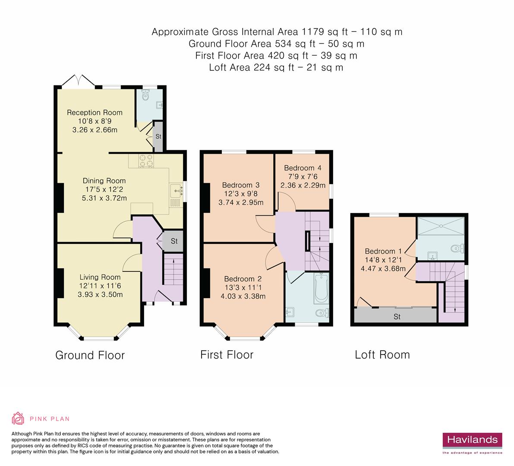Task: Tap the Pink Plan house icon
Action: click(18, 418)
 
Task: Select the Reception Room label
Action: click(95, 113)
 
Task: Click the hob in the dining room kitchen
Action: click(146, 161)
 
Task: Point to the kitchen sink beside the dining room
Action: click(177, 190)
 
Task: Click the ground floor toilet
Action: click(146, 95)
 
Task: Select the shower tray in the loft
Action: click(441, 226)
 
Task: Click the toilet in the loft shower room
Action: click(457, 249)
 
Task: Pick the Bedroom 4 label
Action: click(303, 168)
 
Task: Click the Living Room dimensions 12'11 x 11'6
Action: click(100, 286)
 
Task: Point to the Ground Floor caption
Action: click(90, 355)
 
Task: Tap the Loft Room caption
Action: click(382, 355)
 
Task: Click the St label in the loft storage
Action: click(397, 317)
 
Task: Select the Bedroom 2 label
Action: click(243, 279)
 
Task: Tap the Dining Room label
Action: click(104, 180)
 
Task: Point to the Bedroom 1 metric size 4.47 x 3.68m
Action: click(383, 269)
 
